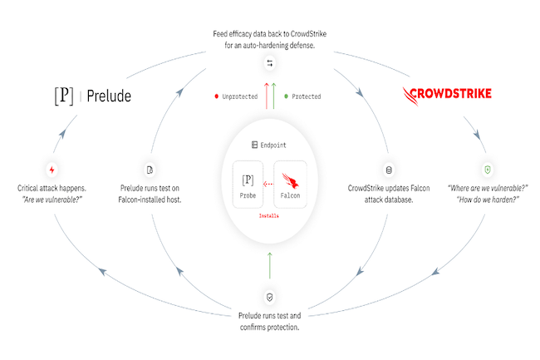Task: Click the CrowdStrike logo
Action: coord(446,93)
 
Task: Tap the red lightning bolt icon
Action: coord(52,170)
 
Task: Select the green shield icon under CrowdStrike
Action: coord(488,170)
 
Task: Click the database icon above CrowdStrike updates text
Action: coord(388,169)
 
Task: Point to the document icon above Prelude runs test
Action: coord(150,170)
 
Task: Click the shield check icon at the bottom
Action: coord(269,297)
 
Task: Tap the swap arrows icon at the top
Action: coord(269,64)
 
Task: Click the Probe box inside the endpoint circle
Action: coord(248,185)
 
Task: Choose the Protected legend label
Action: coord(304,96)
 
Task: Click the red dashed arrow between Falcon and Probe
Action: coord(268,185)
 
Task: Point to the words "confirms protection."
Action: coord(269,327)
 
